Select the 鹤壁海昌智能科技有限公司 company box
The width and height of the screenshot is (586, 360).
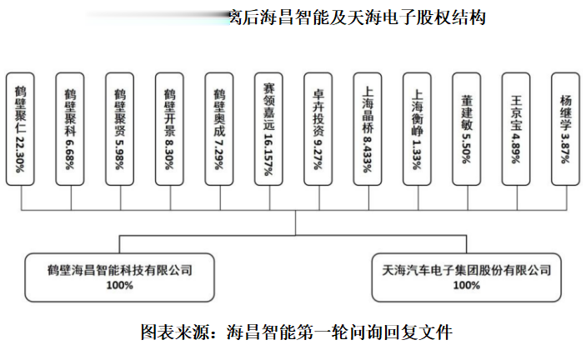click(x=120, y=277)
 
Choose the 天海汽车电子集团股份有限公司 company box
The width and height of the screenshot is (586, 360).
click(x=467, y=277)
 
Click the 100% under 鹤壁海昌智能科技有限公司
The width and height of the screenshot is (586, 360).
click(x=120, y=286)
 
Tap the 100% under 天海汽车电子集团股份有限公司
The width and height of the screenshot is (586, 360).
click(x=467, y=286)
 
